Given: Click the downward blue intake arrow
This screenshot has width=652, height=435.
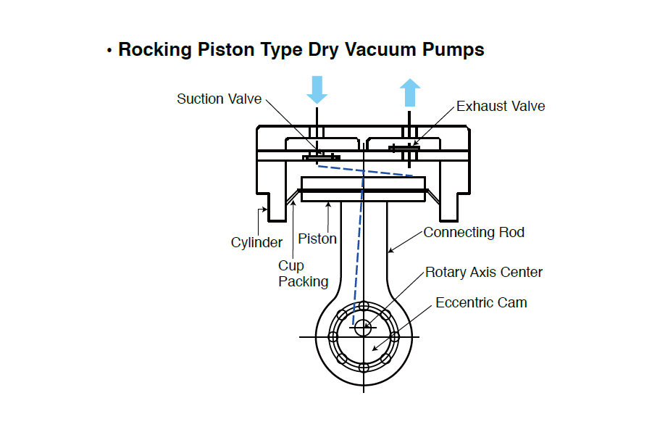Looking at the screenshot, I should pos(317,88).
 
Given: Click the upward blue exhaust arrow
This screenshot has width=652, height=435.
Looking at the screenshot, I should pos(410,93).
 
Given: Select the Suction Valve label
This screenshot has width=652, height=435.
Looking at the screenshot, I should pos(219,99).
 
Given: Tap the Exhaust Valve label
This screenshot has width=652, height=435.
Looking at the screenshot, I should pos(501,107).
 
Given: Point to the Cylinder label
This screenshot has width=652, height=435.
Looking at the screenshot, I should pos(256,243).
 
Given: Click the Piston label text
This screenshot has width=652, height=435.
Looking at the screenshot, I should pos(317,239).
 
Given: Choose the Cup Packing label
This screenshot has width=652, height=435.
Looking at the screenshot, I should pos(303,274).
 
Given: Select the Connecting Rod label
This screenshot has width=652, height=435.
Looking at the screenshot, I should pos(474,233).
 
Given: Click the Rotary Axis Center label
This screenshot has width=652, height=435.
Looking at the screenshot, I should pos(483,273).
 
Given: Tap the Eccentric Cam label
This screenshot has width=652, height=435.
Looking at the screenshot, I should pos(481,302).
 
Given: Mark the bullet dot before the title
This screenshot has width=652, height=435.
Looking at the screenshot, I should pos(109,51).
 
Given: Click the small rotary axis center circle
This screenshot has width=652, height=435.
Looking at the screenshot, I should pos(362,327).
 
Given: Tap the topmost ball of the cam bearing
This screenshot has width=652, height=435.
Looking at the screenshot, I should pos(364,306).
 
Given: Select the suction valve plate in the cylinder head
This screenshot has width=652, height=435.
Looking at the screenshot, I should pos(320,157).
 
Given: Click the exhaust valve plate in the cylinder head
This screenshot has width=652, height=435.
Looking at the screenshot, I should pos(404,148).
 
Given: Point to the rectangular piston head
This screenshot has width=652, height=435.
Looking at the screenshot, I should pos(363,188).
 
